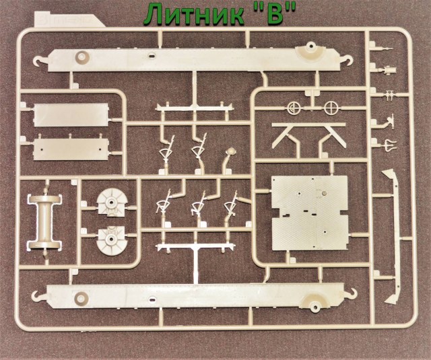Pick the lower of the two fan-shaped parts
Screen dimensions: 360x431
point(109,240)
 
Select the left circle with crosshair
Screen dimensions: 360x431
point(292,107)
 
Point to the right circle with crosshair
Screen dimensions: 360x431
point(329,107)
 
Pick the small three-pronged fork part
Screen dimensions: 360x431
point(389,143)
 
